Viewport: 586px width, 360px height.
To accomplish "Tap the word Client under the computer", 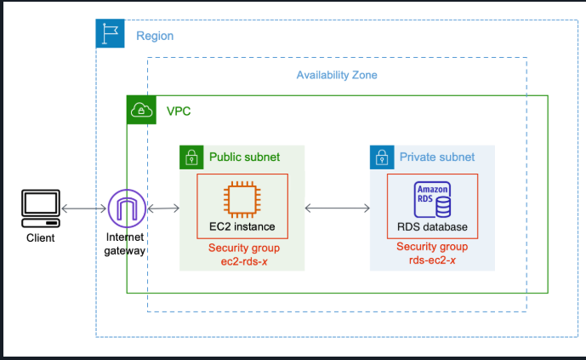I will [x=40, y=238].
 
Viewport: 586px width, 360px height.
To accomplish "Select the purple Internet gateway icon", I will [x=127, y=209].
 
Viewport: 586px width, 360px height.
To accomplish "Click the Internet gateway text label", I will [x=127, y=243].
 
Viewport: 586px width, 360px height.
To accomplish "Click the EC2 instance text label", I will [x=242, y=228].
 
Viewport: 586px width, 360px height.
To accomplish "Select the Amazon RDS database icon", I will [x=432, y=200].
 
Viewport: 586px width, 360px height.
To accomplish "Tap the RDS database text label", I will [x=432, y=228].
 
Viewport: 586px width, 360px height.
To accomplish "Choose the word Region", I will [x=155, y=37].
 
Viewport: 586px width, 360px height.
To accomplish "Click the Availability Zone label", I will [x=337, y=75].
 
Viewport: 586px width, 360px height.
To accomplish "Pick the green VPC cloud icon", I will [x=142, y=111].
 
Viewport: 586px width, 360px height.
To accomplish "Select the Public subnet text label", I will [x=245, y=157].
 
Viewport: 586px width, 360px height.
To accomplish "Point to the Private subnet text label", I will [x=437, y=157].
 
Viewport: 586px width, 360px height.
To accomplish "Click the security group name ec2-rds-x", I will [x=242, y=260].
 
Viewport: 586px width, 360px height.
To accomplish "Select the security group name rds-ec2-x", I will [x=432, y=260].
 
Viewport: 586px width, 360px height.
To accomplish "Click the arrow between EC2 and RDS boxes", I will [x=338, y=208].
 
